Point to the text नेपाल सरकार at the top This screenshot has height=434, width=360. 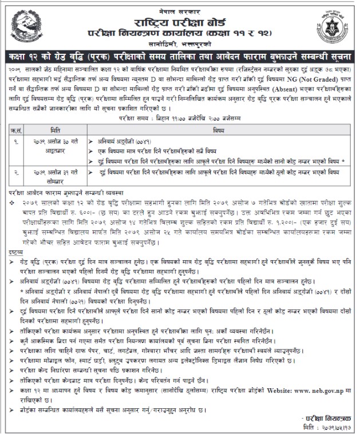(180, 6)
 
